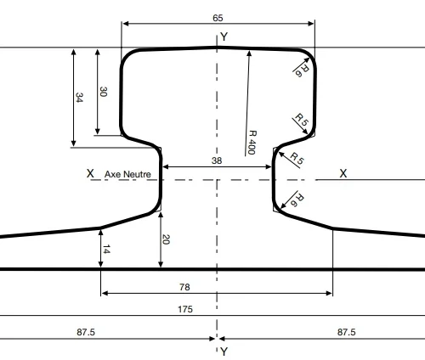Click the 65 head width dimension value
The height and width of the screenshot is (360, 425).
pos(218,18)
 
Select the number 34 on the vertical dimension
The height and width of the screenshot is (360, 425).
pos(79,98)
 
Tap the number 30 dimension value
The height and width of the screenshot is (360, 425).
pos(103,92)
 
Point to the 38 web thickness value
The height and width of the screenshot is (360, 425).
pos(217,160)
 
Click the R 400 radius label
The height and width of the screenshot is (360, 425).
pos(252,143)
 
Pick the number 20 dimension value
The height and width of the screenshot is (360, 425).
pos(166,239)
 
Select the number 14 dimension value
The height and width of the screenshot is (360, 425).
pos(106,250)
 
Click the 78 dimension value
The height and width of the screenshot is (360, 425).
pos(184,287)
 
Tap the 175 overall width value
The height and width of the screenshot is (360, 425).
pos(185,309)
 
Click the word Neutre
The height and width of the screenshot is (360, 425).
pos(136,174)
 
